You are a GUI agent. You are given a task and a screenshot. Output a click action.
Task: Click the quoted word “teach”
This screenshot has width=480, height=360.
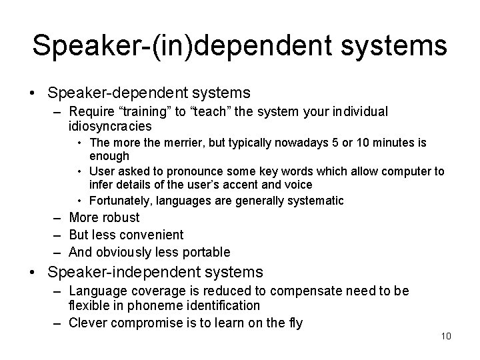pyautogui.click(x=204, y=111)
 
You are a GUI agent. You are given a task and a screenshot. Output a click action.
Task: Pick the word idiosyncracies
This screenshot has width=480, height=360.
pyautogui.click(x=110, y=126)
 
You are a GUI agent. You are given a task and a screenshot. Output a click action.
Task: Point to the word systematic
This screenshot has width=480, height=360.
pyautogui.click(x=316, y=201)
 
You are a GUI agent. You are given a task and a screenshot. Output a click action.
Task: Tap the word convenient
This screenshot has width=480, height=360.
pyautogui.click(x=152, y=235)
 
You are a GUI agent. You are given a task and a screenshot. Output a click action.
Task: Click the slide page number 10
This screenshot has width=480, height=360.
pyautogui.click(x=446, y=335)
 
